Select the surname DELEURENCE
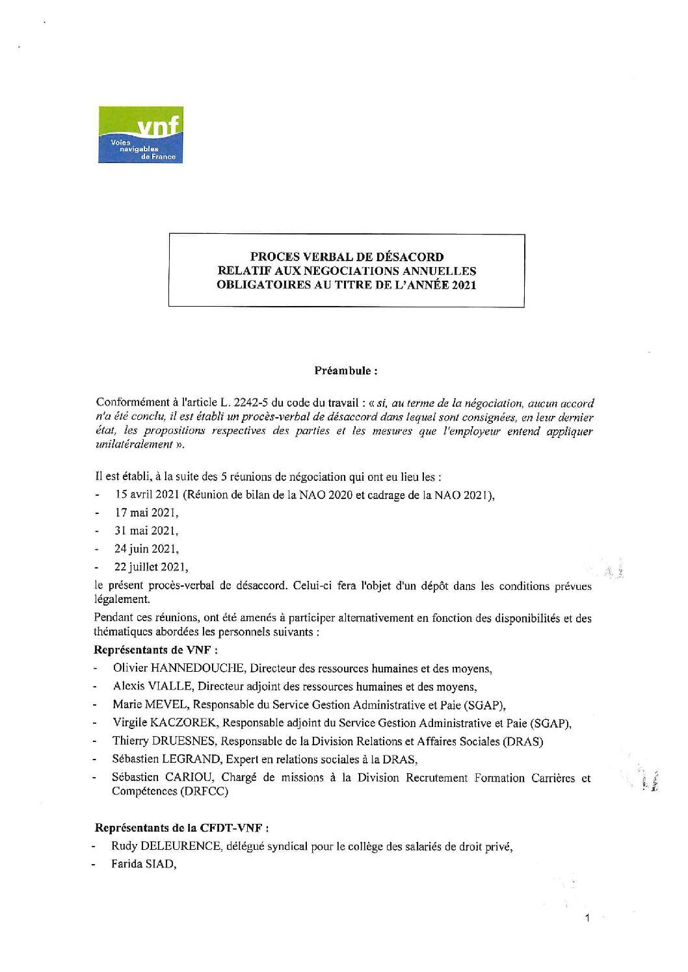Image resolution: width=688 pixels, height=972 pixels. click(x=170, y=847)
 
